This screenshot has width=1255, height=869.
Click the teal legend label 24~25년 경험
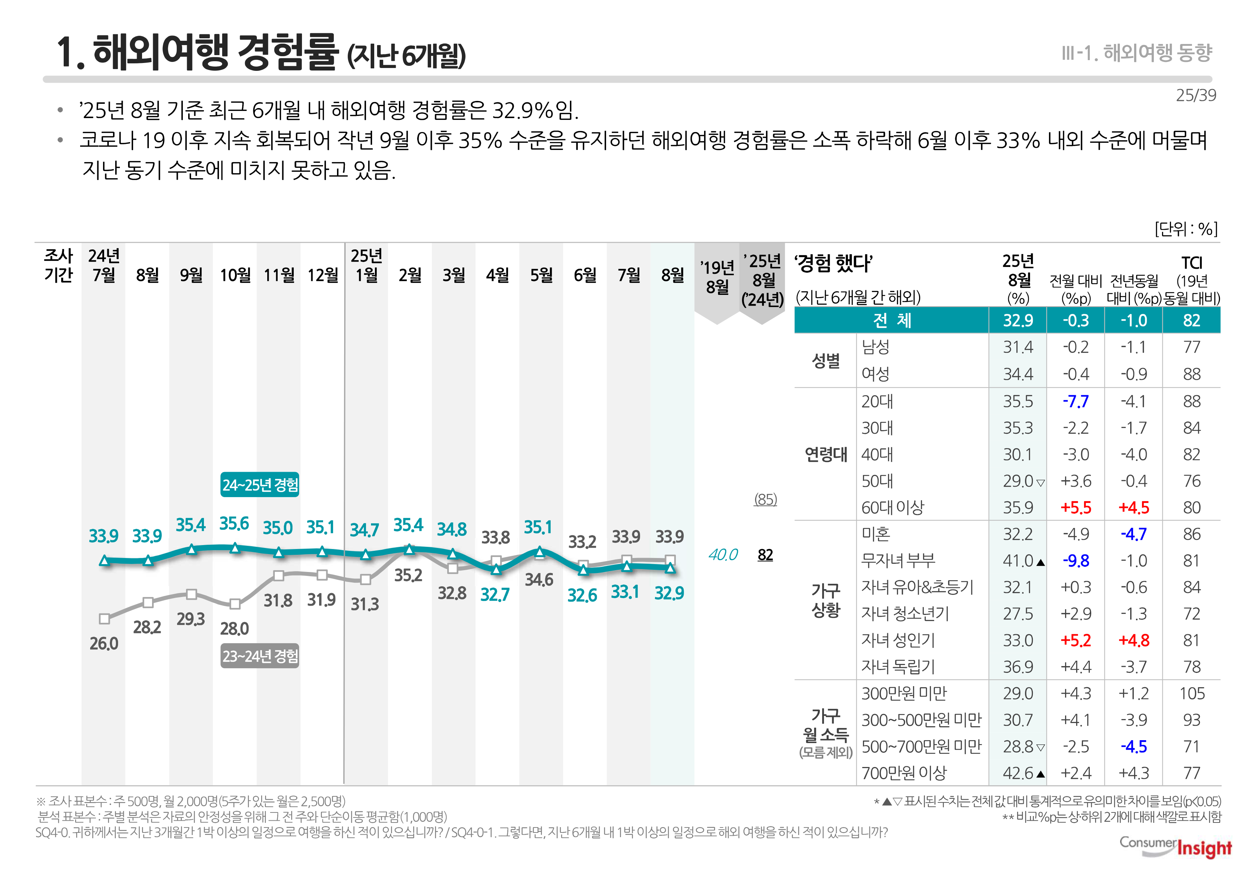(x=260, y=485)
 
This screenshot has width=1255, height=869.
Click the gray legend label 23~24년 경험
(x=260, y=656)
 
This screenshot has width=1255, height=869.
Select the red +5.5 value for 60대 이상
(x=1075, y=508)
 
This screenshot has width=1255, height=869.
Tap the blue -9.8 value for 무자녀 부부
(x=1075, y=561)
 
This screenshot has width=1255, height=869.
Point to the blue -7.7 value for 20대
(x=1075, y=401)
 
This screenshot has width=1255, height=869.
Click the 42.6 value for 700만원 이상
(x=1018, y=773)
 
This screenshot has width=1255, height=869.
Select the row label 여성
(x=875, y=374)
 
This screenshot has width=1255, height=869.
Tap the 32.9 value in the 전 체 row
(x=1018, y=320)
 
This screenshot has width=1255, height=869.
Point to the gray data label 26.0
(x=103, y=644)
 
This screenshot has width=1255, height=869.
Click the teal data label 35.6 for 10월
(x=234, y=524)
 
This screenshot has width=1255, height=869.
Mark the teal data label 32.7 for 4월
(x=495, y=594)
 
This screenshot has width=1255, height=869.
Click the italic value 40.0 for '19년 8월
(x=723, y=555)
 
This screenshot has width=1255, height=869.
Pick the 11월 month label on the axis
(x=279, y=275)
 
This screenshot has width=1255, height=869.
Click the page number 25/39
(x=1196, y=95)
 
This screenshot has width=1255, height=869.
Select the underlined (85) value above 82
(x=765, y=499)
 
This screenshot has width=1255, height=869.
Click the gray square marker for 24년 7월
(x=104, y=618)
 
